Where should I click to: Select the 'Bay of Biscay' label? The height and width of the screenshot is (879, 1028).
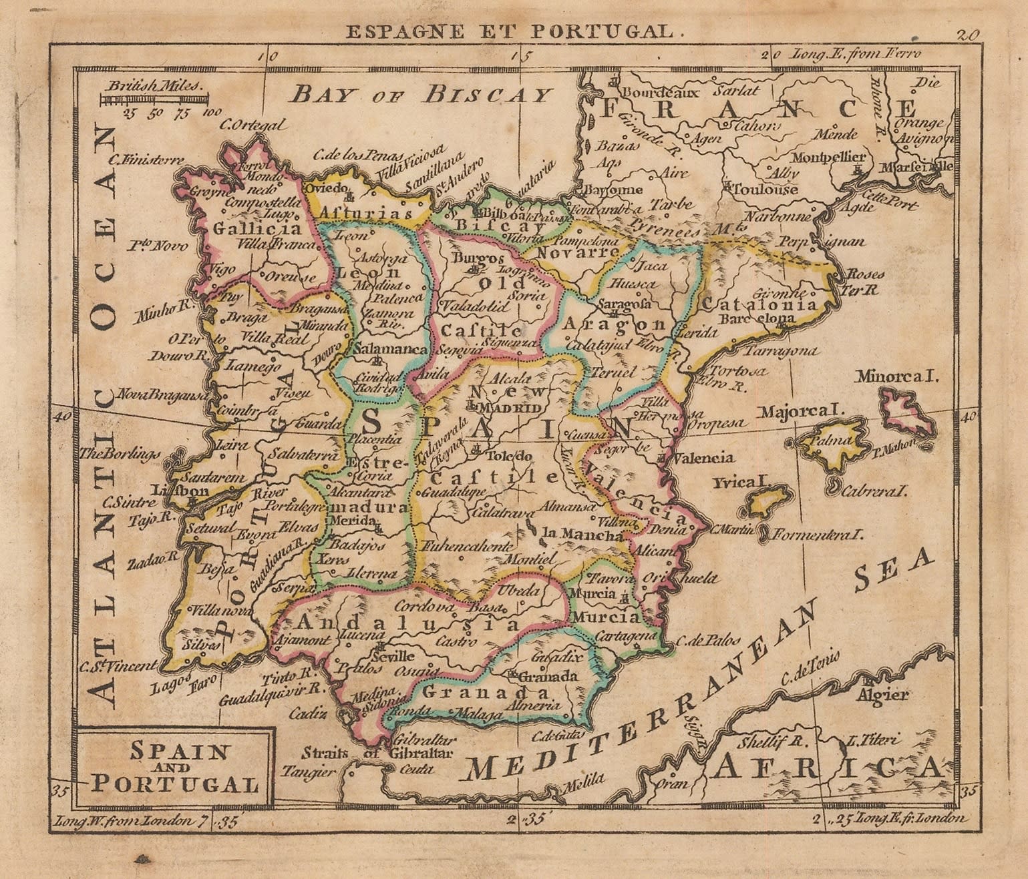click(421, 94)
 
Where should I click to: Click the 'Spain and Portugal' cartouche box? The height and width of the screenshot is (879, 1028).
click(175, 768)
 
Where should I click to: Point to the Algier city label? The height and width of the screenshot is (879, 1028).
click(883, 695)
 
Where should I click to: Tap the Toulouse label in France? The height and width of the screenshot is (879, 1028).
click(764, 190)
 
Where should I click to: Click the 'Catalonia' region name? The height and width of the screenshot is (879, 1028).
click(759, 304)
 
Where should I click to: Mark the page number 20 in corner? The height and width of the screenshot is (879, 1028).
click(968, 35)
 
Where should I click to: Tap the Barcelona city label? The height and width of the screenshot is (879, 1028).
click(757, 318)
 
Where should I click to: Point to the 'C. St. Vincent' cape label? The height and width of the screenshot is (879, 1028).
click(119, 665)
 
